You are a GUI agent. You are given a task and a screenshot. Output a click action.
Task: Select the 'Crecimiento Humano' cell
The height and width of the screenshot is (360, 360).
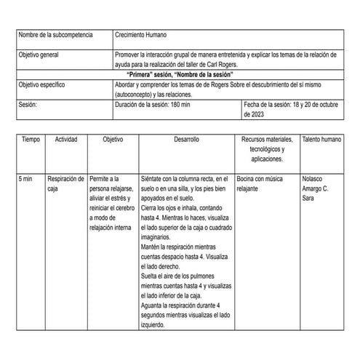(144, 36)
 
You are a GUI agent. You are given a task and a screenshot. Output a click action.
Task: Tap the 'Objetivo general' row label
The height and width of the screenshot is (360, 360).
(42, 55)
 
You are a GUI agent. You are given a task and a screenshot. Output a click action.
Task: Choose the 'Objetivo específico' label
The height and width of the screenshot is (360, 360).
(45, 85)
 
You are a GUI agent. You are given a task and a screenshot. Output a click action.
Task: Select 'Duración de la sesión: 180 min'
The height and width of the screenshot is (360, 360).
(153, 105)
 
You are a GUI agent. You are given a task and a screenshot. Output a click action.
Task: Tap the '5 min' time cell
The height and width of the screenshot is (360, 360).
(26, 177)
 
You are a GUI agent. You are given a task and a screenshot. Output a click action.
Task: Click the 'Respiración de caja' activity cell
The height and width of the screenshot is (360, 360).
(65, 183)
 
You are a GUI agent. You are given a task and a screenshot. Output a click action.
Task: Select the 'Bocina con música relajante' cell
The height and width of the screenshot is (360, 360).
(263, 183)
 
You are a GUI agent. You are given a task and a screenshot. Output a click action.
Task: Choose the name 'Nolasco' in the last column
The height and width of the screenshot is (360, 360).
(313, 177)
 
